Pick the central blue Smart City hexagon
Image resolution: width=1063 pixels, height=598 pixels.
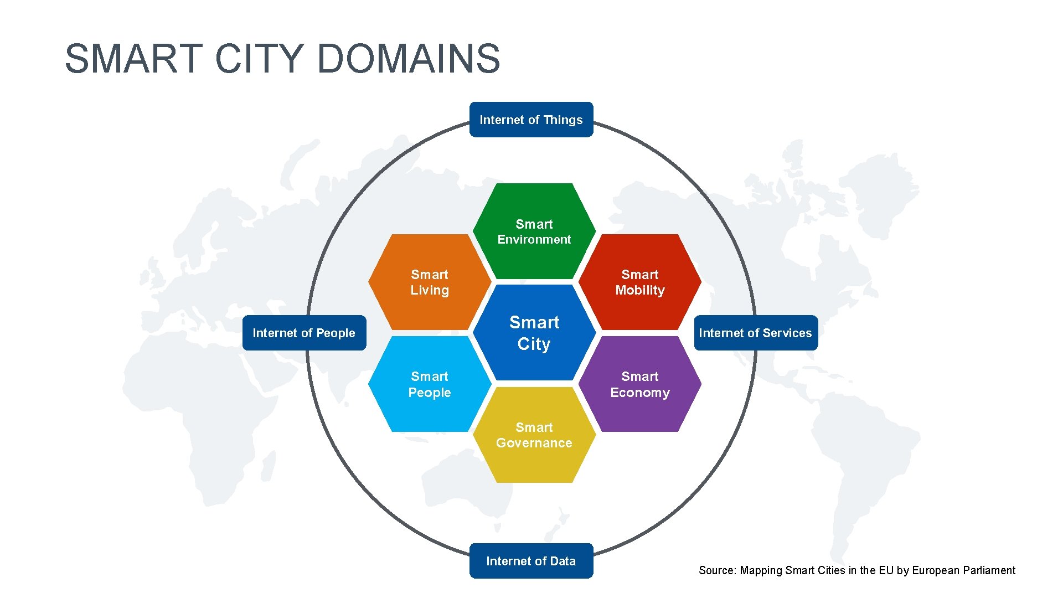[x=534, y=332]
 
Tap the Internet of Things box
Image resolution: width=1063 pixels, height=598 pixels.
[x=531, y=120]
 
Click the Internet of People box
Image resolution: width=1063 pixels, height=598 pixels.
[x=304, y=333]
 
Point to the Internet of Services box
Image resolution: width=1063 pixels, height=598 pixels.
[x=756, y=333]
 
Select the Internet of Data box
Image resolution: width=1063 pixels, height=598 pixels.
[x=531, y=561]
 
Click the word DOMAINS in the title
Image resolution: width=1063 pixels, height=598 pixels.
[x=409, y=59]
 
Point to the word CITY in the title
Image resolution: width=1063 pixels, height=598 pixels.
[x=259, y=59]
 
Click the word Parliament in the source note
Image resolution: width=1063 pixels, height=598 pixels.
[x=989, y=570]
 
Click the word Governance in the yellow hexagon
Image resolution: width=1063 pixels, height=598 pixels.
[x=534, y=443]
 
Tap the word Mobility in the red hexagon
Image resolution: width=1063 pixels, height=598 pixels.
[x=640, y=290]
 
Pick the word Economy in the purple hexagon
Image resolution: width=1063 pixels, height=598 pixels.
[x=640, y=393]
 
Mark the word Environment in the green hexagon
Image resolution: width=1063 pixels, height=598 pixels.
[x=534, y=239]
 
